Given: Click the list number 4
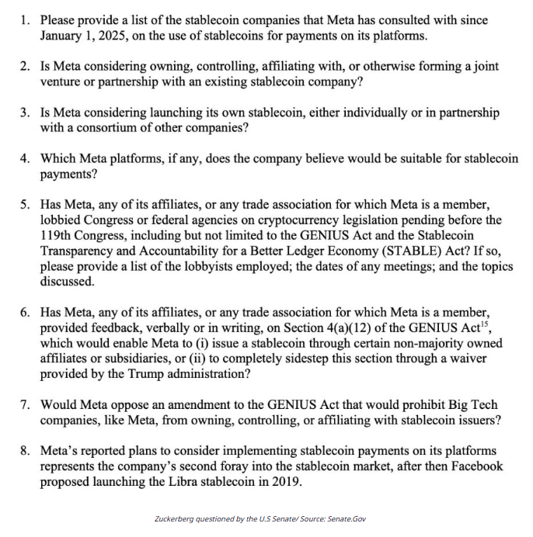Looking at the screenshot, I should click(x=25, y=159).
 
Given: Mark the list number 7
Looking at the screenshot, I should click(x=25, y=405).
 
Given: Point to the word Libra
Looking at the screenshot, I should click(x=177, y=480).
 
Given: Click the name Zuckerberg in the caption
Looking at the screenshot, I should click(x=178, y=519).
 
